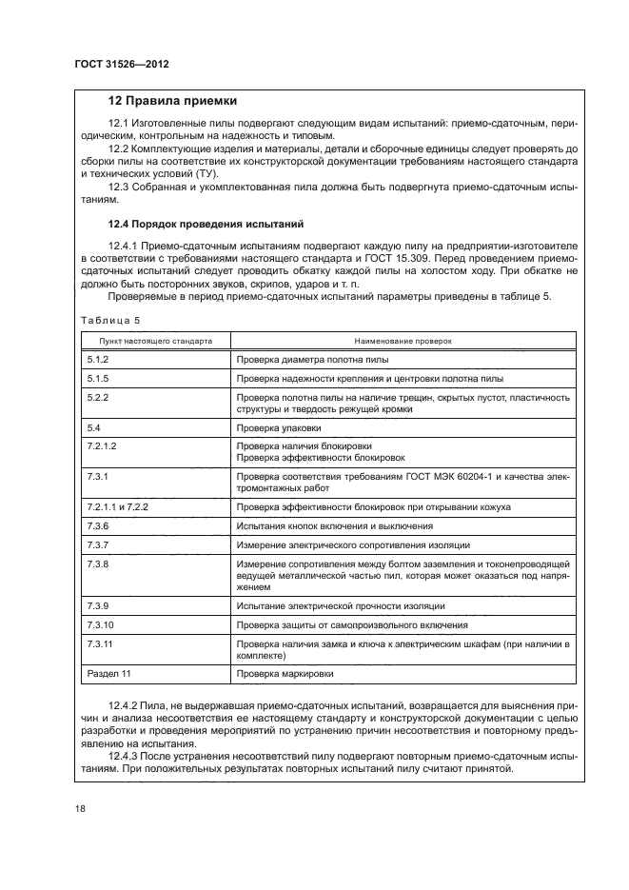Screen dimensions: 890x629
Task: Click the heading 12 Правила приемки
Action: [x=172, y=101]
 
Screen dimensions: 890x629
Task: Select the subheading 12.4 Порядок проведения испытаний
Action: [x=205, y=225]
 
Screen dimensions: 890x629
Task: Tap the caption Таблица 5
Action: [x=109, y=321]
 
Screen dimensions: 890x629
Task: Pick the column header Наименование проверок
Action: [x=403, y=340]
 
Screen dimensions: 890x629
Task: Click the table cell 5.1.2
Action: [x=98, y=360]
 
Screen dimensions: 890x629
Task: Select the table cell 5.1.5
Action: [x=98, y=378]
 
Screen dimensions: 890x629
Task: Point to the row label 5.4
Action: [x=94, y=428]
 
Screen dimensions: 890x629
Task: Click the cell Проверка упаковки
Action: [x=277, y=428]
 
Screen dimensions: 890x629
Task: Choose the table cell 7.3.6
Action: [x=98, y=525]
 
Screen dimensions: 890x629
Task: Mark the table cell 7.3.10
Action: [x=100, y=624]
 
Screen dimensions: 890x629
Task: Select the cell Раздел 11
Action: [x=107, y=674]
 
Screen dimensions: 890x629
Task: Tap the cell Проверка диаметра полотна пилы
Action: [x=312, y=360]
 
